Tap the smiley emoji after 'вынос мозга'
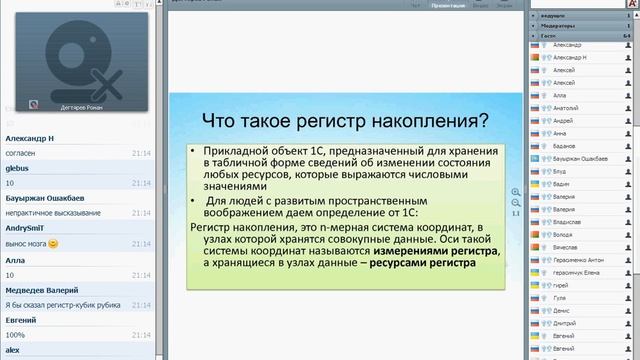[53, 243]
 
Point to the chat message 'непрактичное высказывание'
[50, 213]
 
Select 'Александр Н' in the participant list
[570, 59]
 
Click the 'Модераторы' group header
[558, 25]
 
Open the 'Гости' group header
[549, 35]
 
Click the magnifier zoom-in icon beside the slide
[515, 192]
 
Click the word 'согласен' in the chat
[21, 154]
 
